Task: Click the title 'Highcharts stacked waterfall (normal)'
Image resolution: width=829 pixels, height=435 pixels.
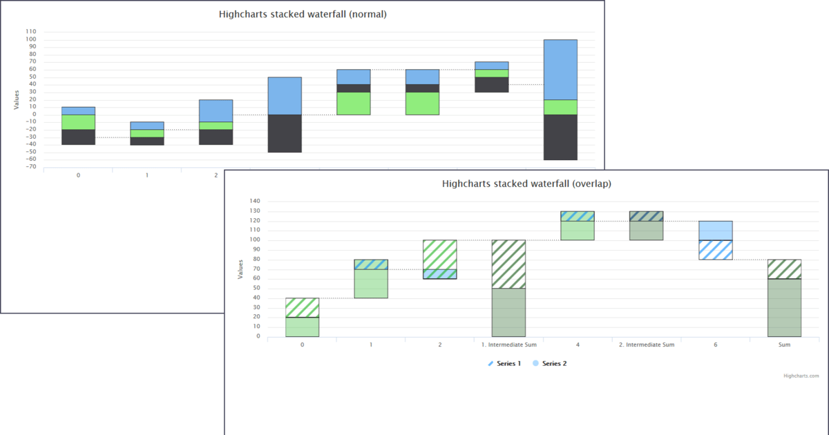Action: [303, 14]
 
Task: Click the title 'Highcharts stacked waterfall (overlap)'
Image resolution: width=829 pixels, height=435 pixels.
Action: [526, 184]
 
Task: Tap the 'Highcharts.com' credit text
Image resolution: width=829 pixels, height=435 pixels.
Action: [801, 376]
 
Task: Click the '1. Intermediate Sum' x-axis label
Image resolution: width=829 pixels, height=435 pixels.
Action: [508, 344]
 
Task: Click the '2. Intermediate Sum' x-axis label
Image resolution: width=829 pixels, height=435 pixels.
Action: [646, 344]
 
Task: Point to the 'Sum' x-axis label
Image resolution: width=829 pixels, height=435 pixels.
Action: [784, 344]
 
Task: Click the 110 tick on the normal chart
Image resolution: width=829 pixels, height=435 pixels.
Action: [30, 32]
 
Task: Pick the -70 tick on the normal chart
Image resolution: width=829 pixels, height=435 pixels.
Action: [30, 167]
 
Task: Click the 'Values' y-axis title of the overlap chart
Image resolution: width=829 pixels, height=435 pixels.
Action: [240, 269]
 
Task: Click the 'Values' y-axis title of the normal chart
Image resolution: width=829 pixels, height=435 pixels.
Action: [17, 100]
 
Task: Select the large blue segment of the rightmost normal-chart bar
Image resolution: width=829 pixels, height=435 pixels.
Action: [560, 70]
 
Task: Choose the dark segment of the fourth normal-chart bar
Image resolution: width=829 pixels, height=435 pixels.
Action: [285, 133]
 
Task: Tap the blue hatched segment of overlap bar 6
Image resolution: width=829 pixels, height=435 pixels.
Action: [715, 250]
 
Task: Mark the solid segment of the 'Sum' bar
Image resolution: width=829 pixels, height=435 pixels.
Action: [784, 307]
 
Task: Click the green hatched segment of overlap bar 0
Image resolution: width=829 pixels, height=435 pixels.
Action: [302, 307]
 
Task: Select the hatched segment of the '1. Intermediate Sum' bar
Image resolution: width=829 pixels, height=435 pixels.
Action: [508, 264]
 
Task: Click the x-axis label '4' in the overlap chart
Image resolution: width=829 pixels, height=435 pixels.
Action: [578, 344]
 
